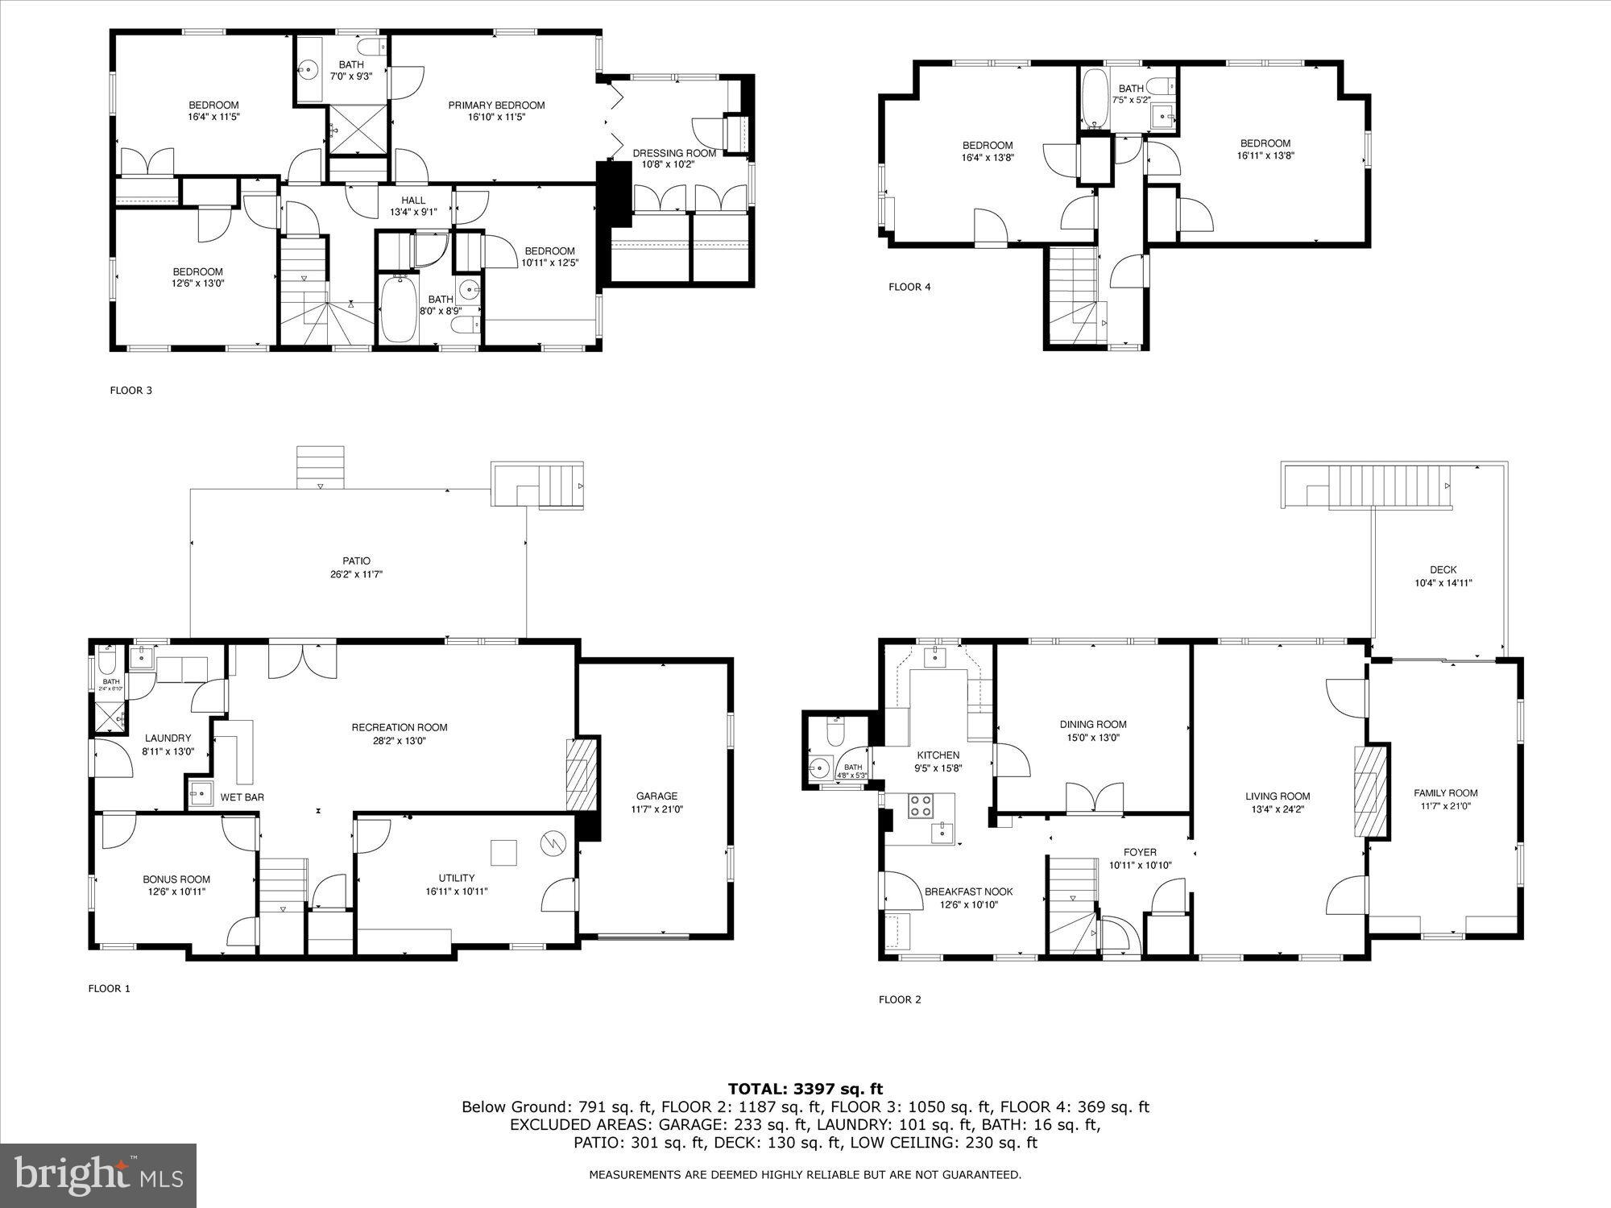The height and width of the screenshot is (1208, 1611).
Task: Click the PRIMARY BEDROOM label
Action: [x=496, y=105]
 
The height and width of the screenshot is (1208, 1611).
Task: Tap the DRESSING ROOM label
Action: [x=674, y=153]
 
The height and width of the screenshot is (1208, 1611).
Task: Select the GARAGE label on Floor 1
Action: [x=656, y=796]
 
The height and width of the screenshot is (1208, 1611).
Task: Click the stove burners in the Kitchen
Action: [x=921, y=805]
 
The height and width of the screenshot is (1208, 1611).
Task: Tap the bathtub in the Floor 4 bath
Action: [x=1094, y=98]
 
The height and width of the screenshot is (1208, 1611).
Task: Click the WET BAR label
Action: [x=242, y=797]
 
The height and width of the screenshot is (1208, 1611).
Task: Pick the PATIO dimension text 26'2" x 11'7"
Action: [x=355, y=574]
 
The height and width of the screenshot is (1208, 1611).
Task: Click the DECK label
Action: [x=1443, y=569]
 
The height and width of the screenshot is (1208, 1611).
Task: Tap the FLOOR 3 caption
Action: [x=130, y=391]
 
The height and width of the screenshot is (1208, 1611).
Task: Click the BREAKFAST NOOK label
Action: [x=968, y=892]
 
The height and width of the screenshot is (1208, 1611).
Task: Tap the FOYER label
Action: [x=1140, y=852]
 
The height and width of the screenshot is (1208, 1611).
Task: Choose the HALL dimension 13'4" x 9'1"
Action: [x=413, y=213]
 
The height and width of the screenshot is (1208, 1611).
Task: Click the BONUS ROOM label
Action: [x=176, y=879]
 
